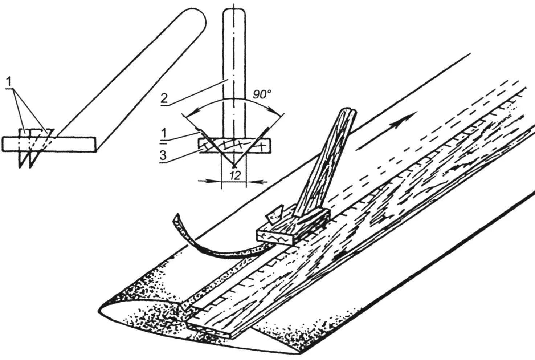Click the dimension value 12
pos(235,175)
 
